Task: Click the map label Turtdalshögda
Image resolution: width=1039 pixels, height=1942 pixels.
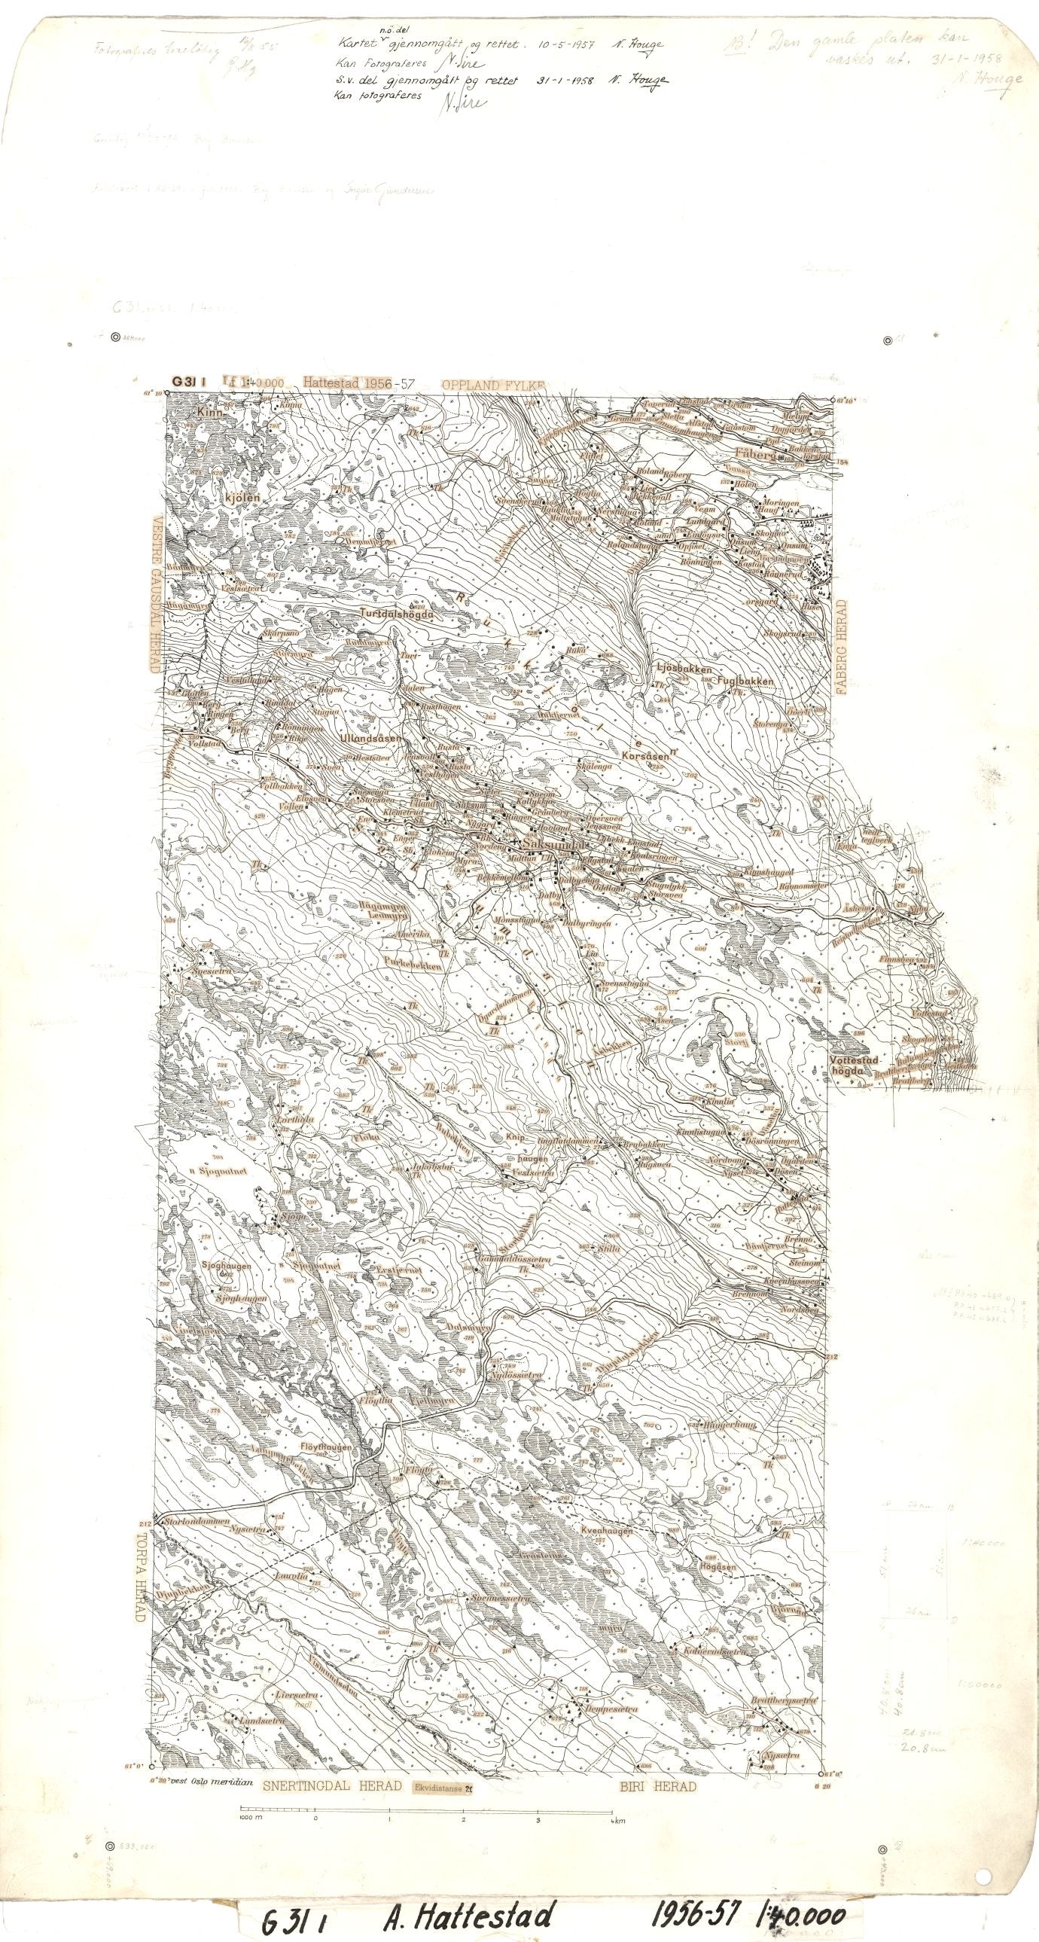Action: click(x=398, y=614)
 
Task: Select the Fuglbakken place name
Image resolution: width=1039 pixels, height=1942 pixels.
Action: click(x=745, y=681)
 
